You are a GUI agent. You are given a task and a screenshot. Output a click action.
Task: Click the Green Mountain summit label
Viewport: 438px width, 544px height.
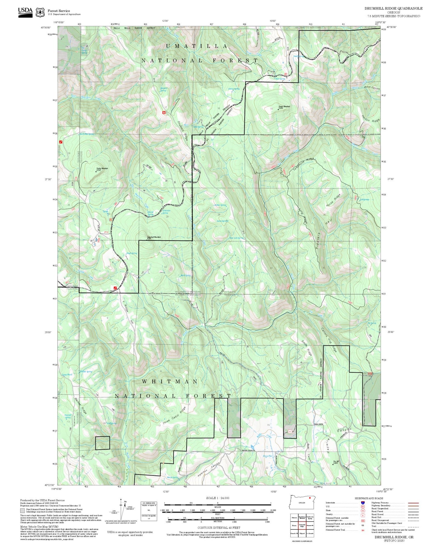point(285,107)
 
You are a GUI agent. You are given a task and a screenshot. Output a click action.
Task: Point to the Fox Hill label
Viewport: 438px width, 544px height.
point(336,462)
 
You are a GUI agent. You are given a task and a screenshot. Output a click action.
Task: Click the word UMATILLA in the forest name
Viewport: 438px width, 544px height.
point(197,46)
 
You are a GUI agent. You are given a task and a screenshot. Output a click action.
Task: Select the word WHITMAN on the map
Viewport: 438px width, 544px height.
point(170,381)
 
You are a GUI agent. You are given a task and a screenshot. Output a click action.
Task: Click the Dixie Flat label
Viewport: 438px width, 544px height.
point(267,456)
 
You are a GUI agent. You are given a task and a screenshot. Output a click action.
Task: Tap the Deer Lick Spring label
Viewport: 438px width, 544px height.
point(236,238)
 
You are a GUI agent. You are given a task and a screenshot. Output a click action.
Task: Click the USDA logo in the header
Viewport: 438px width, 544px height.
point(25,12)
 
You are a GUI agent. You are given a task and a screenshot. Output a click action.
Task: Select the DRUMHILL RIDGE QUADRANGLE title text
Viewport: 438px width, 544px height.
point(393,8)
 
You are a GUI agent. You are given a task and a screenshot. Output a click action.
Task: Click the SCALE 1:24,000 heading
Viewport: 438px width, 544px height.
point(217,498)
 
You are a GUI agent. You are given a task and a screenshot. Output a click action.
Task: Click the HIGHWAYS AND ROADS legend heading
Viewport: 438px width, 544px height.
point(369,498)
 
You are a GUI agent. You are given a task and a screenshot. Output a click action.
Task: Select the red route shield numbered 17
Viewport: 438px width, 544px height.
point(290,432)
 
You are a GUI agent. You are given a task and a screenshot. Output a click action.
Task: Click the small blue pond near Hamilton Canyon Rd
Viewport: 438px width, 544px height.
point(252,447)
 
